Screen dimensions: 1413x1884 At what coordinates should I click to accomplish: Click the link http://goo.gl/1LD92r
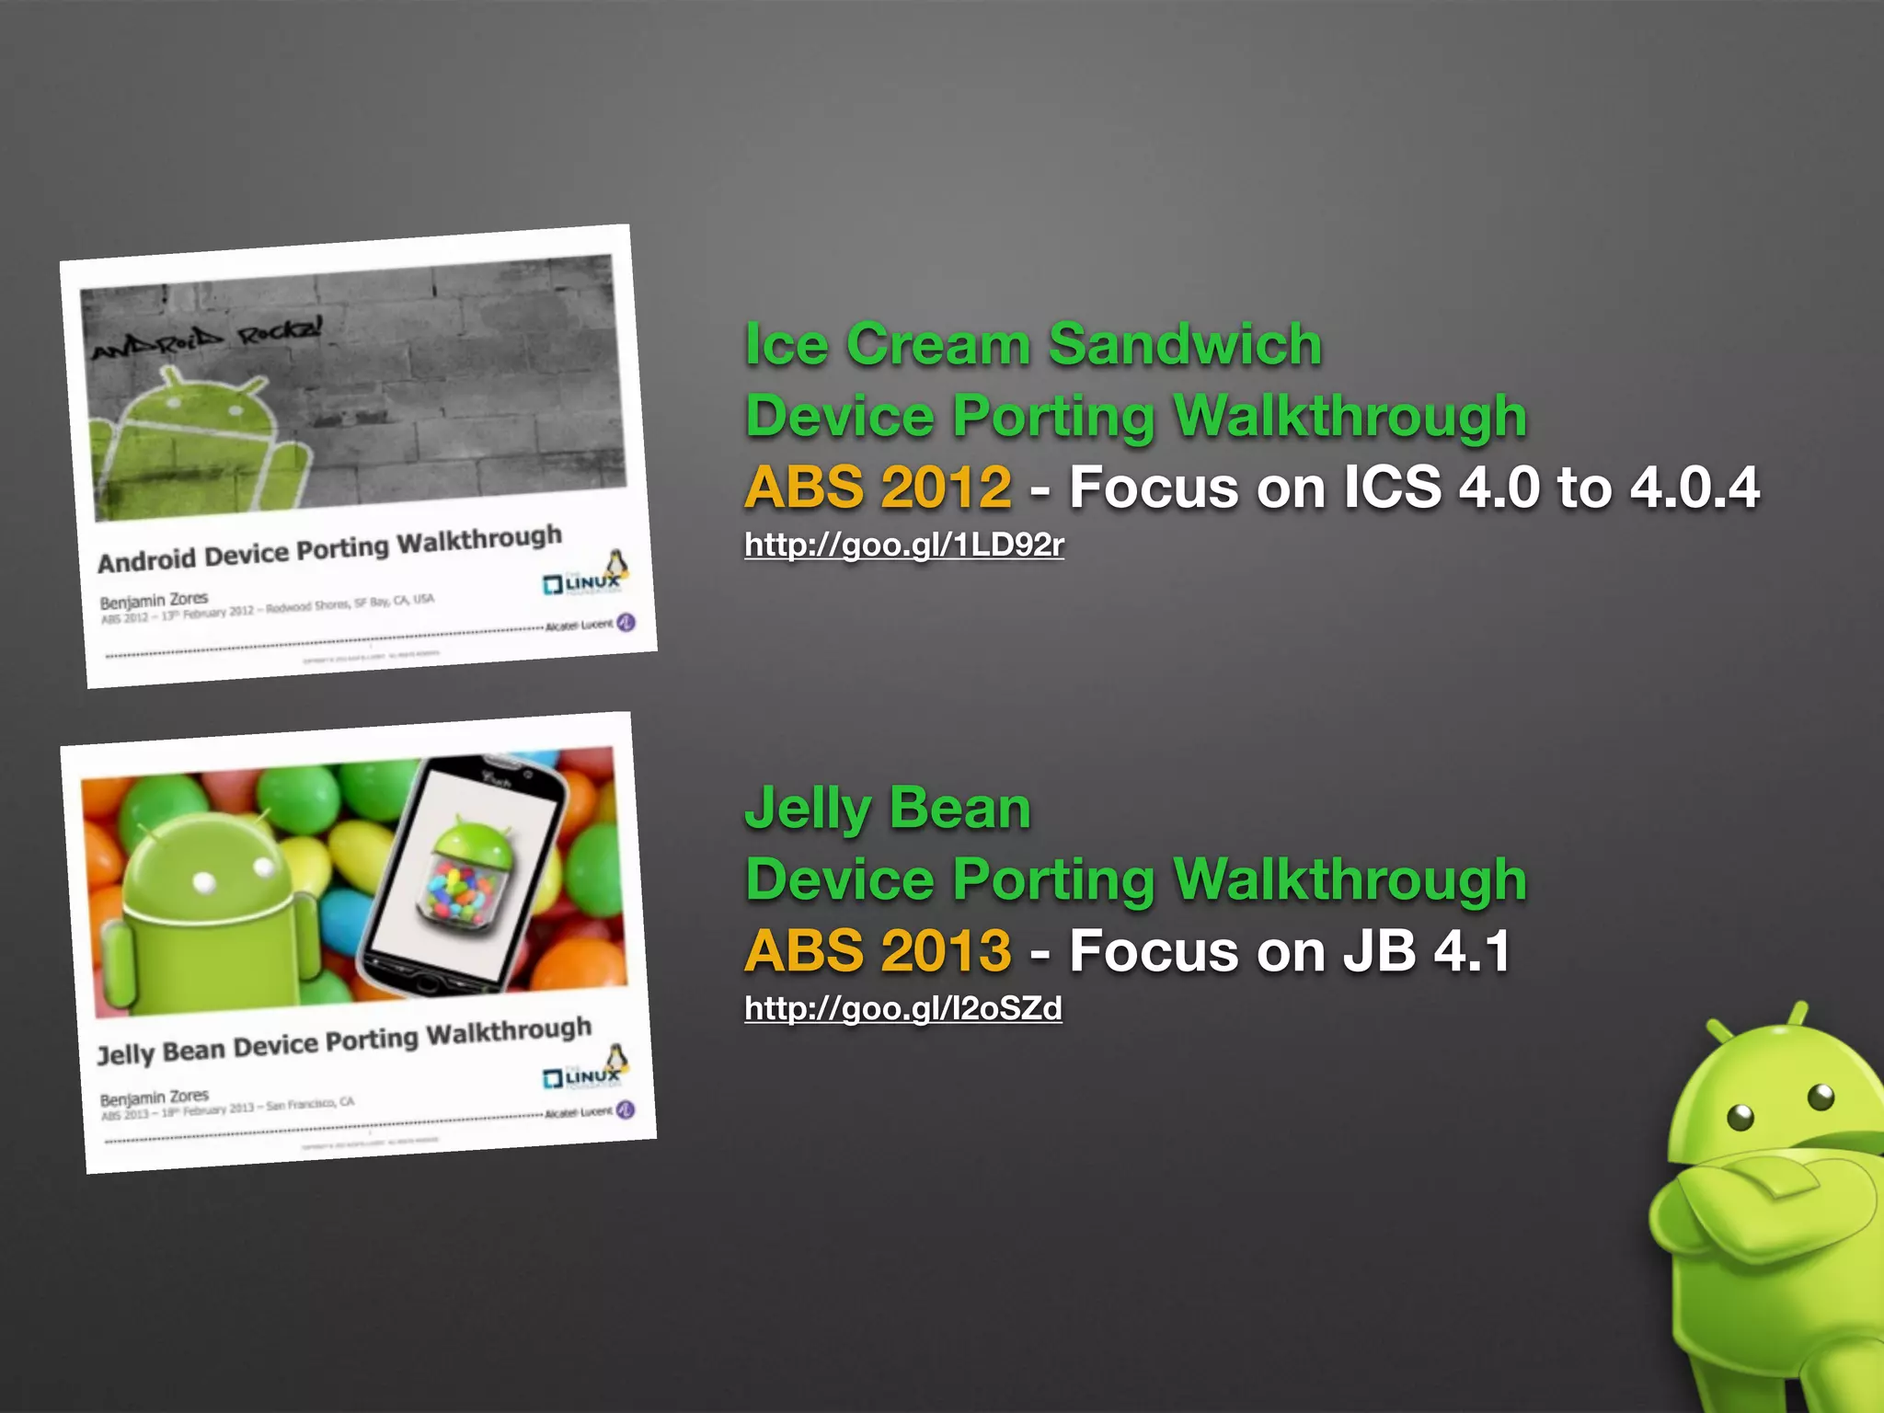(903, 546)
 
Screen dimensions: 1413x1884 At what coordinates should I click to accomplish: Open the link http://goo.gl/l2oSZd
(902, 1009)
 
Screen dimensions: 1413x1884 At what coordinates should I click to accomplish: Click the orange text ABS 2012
(878, 487)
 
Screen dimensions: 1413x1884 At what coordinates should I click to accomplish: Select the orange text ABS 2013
(878, 950)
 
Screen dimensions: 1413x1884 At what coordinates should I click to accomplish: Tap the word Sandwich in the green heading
(1185, 345)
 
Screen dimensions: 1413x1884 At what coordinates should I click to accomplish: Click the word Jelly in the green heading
(808, 809)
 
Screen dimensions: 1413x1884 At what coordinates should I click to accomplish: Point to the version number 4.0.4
(1694, 487)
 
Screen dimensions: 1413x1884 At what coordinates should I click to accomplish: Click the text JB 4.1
(1426, 950)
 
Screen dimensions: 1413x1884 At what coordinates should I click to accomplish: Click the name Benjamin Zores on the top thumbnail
(154, 601)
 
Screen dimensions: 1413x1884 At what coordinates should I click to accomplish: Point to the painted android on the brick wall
(198, 442)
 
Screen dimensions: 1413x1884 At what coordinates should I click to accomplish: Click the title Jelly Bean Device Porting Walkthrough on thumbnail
(344, 1040)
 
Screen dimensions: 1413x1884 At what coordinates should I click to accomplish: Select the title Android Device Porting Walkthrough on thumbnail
(329, 549)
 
